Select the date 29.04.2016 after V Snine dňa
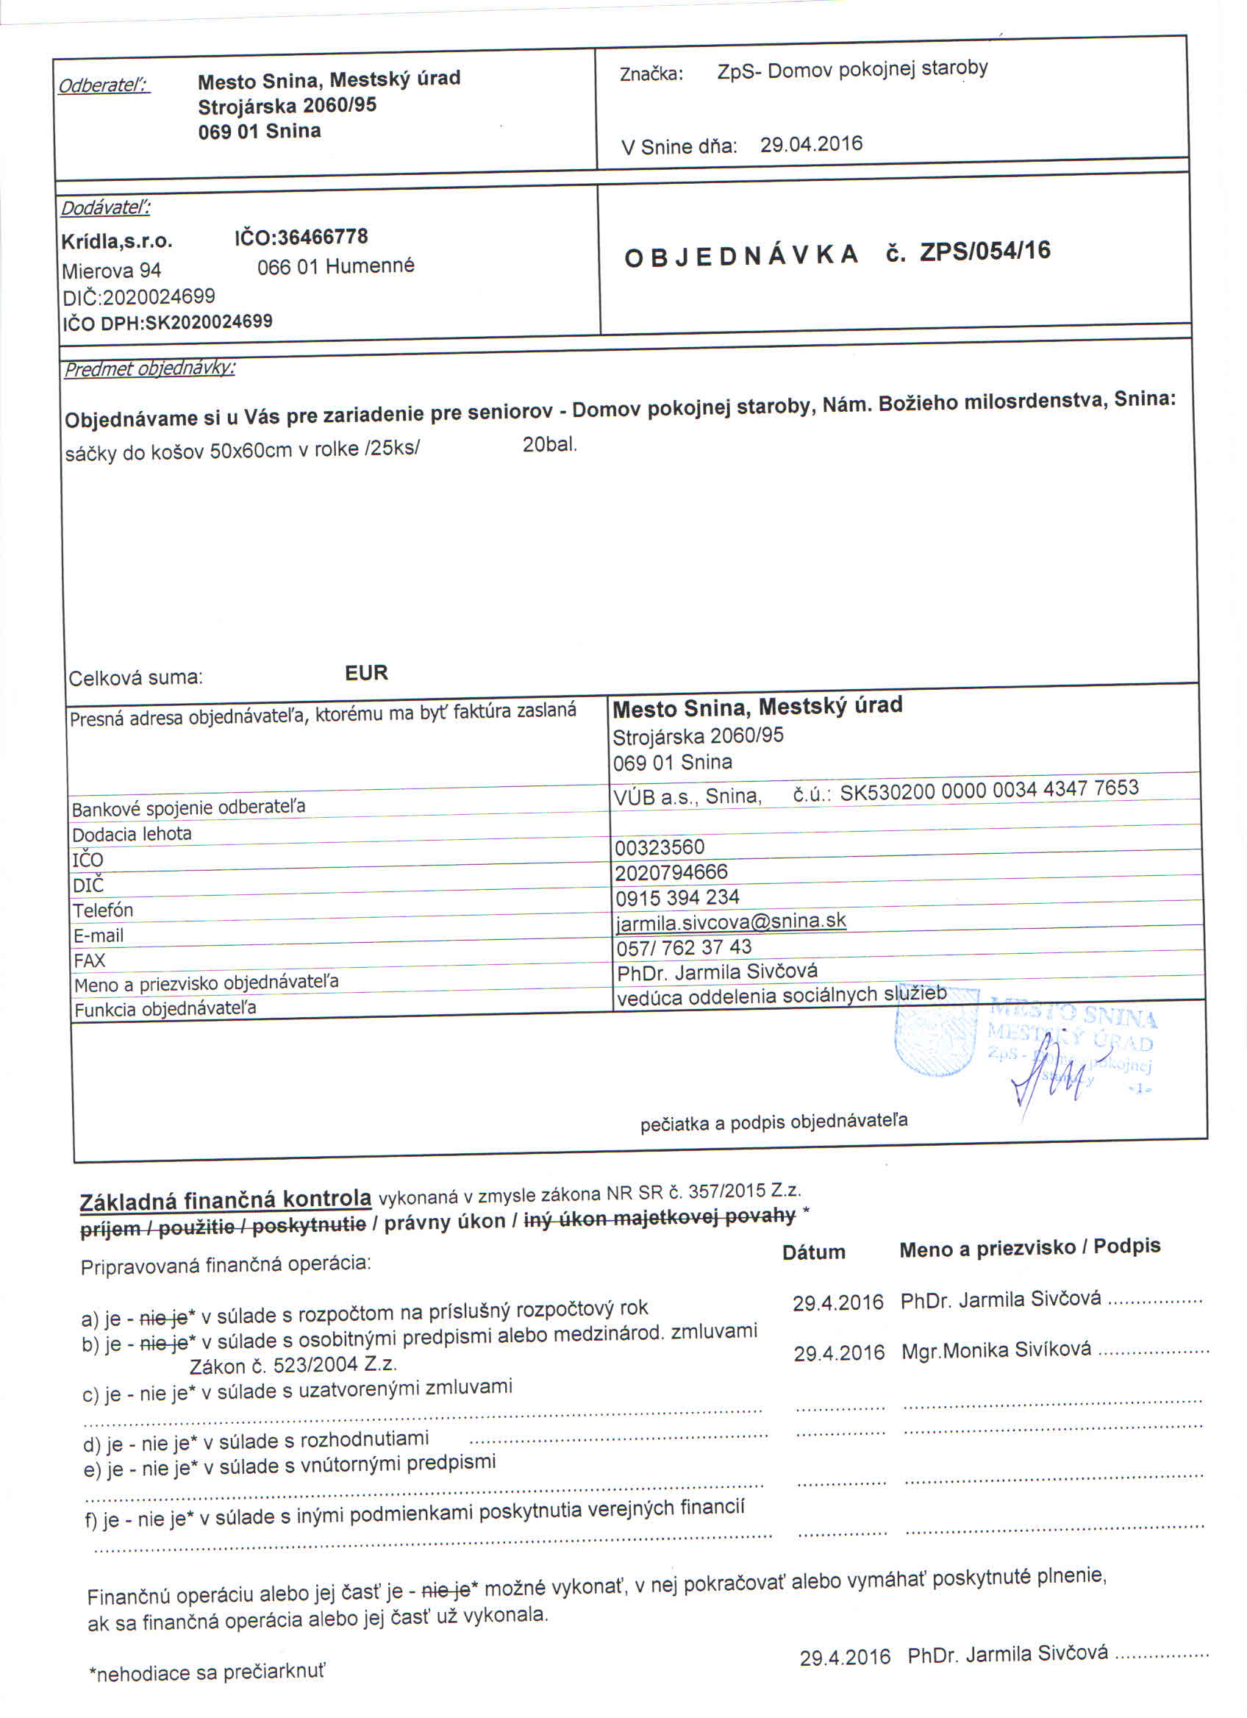click(811, 144)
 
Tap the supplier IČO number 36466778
click(323, 237)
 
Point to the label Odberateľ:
click(104, 85)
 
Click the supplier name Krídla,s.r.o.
click(117, 242)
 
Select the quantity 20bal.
click(550, 445)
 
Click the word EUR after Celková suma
click(366, 673)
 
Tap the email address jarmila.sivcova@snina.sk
click(731, 922)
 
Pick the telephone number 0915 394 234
click(677, 898)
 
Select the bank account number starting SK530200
click(989, 789)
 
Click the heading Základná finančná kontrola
click(226, 1200)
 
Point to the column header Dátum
click(813, 1252)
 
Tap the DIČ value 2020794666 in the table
click(671, 873)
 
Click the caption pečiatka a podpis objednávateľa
click(773, 1122)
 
